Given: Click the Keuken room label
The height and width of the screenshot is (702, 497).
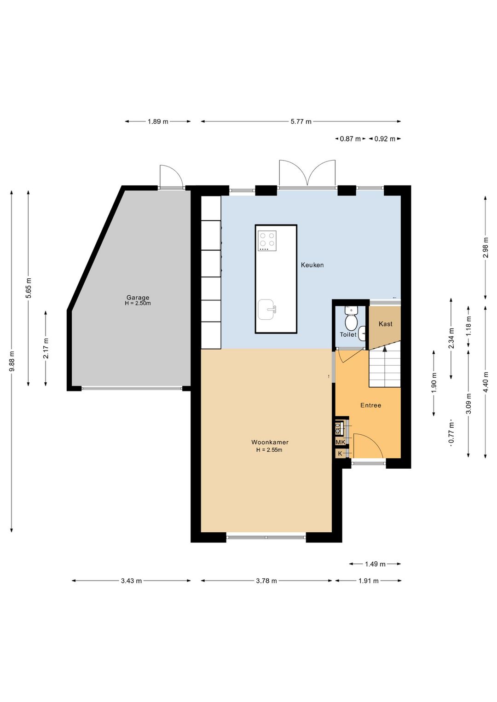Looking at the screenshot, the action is click(312, 265).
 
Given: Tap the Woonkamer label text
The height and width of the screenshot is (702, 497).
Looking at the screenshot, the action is click(270, 443).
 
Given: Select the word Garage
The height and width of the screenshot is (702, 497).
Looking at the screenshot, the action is click(138, 298).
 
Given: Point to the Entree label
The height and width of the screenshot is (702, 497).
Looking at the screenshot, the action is click(370, 405).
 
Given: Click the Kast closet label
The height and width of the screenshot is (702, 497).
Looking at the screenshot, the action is click(385, 324).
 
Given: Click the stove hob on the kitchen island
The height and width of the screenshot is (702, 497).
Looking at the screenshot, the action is click(267, 241).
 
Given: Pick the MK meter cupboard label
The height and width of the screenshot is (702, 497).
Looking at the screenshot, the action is click(340, 442).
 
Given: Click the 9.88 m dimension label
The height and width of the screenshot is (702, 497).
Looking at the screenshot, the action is click(12, 362).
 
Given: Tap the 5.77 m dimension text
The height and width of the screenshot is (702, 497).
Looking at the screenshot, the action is click(301, 121).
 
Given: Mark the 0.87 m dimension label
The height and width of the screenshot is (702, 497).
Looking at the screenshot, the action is click(350, 138).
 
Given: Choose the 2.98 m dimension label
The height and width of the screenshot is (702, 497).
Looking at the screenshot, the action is click(485, 247).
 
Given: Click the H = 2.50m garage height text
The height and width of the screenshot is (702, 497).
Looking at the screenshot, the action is click(138, 303).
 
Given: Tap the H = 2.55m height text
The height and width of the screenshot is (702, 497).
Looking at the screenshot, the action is click(269, 450).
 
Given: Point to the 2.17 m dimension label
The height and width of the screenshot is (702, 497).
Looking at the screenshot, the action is click(46, 348).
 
